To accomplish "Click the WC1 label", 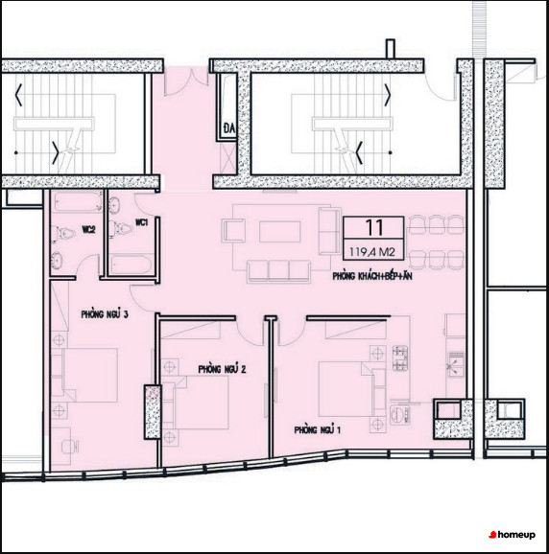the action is tap(142, 222).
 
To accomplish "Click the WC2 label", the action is tap(89, 230).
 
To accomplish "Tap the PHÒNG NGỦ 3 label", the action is tap(105, 314).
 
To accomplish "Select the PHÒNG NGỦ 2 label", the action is tap(222, 369).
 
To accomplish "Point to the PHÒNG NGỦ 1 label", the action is tap(318, 429).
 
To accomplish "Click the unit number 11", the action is tap(374, 227).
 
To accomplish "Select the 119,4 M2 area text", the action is tap(371, 252).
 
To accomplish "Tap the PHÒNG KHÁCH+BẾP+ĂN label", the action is tap(372, 276).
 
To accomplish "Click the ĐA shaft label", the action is tap(229, 128).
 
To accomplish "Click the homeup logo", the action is tap(512, 535).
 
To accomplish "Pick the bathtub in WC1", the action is tap(131, 265).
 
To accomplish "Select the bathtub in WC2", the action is tap(78, 202).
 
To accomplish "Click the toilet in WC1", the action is tap(121, 227).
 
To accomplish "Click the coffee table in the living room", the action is tap(280, 231).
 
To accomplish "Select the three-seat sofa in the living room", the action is tap(279, 271).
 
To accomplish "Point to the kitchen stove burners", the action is tap(400, 358).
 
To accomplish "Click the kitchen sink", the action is tap(456, 364).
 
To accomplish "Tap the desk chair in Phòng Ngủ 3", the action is tap(70, 447).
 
